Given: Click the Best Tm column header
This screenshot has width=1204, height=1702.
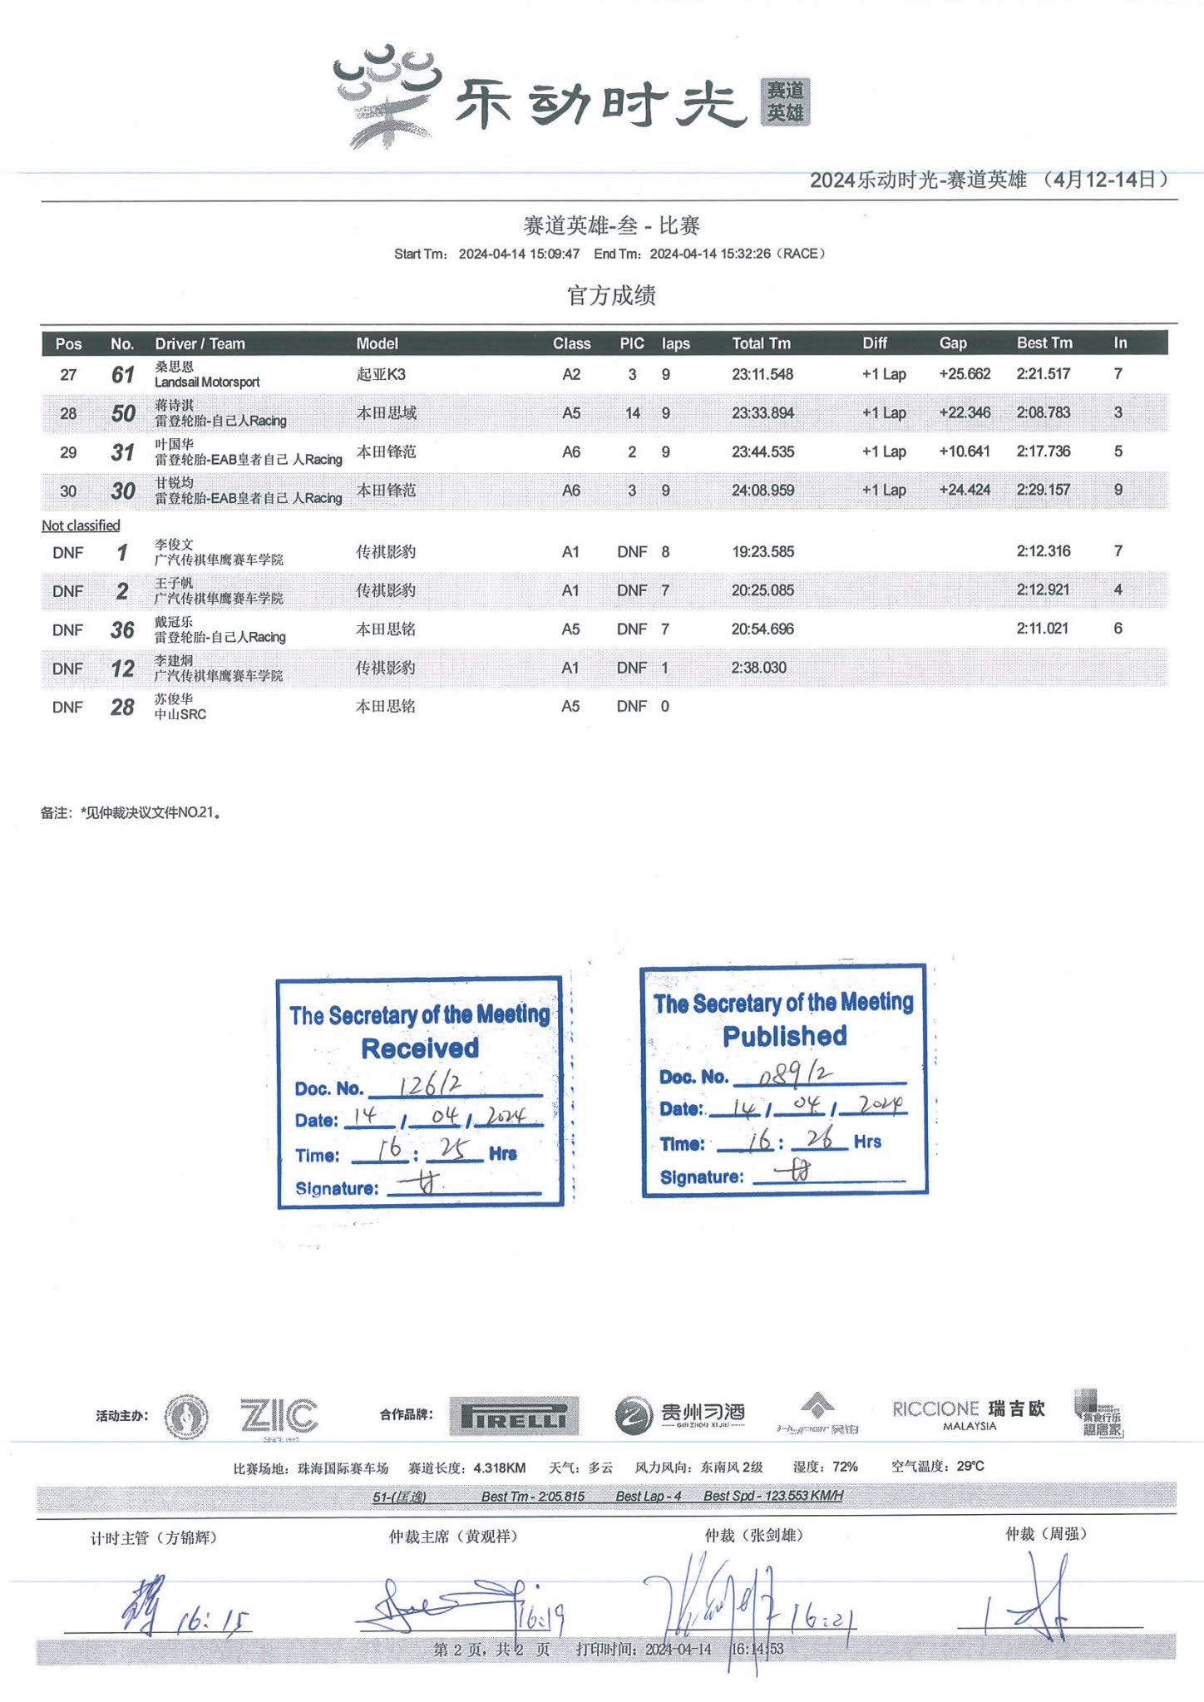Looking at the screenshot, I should coord(1044,343).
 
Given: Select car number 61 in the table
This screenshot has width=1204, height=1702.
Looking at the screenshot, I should coord(123,375).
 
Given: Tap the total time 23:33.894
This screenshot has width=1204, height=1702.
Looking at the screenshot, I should coord(762,413).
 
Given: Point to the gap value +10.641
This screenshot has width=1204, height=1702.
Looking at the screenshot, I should coord(965,451).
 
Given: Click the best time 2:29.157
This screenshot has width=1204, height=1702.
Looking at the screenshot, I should coord(1043,490).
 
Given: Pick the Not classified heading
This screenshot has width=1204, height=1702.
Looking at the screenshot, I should coord(81,525).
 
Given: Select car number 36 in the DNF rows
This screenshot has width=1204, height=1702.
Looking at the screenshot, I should coord(122,630).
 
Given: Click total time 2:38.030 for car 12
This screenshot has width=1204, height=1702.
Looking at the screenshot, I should coord(758,668).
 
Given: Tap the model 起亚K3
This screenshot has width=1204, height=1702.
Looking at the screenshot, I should coord(381,374).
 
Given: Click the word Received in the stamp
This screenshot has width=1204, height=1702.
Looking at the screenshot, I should coord(420,1048).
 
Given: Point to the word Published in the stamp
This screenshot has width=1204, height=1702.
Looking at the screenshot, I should coord(784,1036).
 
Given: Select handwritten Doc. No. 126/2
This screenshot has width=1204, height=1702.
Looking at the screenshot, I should coord(430,1085).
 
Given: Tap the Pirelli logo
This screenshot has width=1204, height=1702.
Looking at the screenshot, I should coord(514,1416).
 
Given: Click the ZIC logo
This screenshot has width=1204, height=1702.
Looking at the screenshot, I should coord(279,1416).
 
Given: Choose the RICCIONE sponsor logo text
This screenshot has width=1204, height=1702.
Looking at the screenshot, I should coord(935,1409).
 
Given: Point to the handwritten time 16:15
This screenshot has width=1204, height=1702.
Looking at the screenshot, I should coord(213,1620).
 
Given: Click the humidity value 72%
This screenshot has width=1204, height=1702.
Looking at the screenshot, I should coord(845,1467).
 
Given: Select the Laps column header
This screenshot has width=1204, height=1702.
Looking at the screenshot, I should coord(675,343).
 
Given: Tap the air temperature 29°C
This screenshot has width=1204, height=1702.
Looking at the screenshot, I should coord(970,1466).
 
